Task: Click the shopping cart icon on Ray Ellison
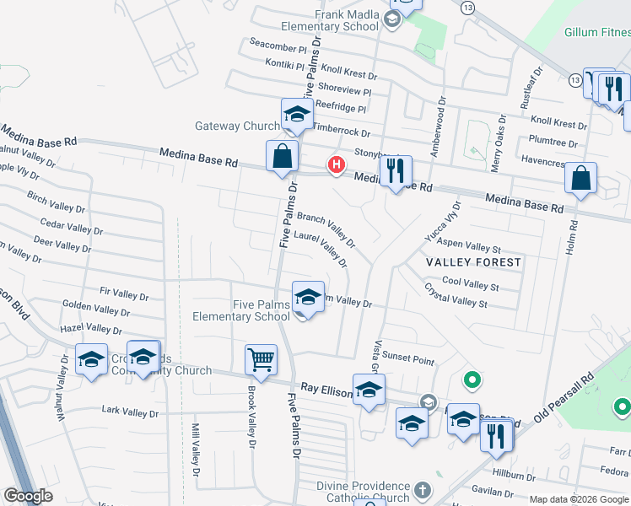coord(261,359)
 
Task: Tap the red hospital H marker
coord(337,164)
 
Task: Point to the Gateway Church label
coord(237,126)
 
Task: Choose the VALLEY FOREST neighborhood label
coord(473,262)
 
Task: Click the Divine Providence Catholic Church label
coord(364,492)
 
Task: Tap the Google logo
coord(28,496)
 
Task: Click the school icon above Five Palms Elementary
coord(309,297)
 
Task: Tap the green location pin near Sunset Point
coord(472,381)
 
